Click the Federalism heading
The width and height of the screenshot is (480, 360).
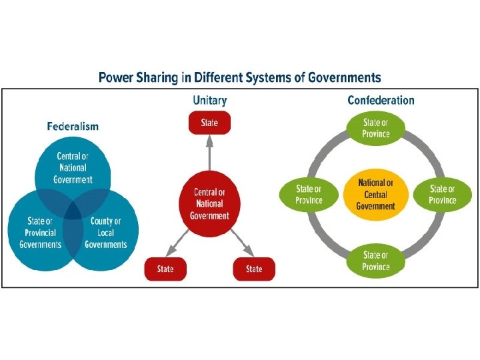[x=73, y=126]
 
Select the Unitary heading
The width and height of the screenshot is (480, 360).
[x=209, y=101]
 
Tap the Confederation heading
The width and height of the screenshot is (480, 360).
[x=381, y=101]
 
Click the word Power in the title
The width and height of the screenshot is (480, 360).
[x=117, y=77]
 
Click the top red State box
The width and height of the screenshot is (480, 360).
[x=209, y=123]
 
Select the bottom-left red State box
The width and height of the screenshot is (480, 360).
[x=165, y=269]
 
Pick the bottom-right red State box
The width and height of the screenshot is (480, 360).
[x=254, y=269]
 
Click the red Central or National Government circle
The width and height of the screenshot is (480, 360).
[x=209, y=203]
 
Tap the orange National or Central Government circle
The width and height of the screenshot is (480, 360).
[x=375, y=194]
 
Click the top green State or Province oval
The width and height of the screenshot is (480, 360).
[x=375, y=127]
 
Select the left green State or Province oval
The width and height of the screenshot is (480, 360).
[x=309, y=194]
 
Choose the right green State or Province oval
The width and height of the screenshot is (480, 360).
[x=443, y=194]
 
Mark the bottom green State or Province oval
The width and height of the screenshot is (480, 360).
[x=375, y=261]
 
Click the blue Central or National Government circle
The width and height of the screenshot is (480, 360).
[x=73, y=168]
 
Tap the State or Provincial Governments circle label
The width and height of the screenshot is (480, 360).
[x=40, y=233]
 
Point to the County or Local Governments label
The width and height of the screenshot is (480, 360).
[x=105, y=233]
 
